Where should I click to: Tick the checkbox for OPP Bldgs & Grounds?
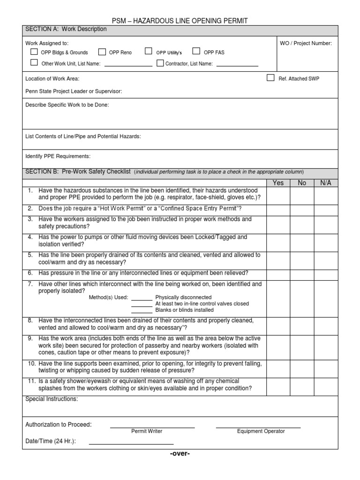tap(34, 52)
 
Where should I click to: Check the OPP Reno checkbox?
tap(102, 52)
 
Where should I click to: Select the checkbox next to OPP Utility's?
tap(149, 51)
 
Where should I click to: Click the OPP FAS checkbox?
tap(196, 51)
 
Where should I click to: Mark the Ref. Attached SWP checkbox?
tap(270, 78)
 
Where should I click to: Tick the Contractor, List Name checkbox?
tap(160, 63)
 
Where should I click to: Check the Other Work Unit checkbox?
tap(34, 63)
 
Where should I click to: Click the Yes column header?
tap(278, 183)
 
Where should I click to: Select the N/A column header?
tap(325, 183)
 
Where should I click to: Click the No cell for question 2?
tap(302, 208)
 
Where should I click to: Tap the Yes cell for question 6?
tap(278, 273)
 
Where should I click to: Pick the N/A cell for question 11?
tap(325, 385)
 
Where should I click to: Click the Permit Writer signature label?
tap(147, 431)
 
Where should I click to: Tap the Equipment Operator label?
tap(261, 431)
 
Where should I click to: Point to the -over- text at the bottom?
tap(180, 454)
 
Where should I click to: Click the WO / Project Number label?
tap(306, 44)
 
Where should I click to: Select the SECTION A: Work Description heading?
tap(66, 29)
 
